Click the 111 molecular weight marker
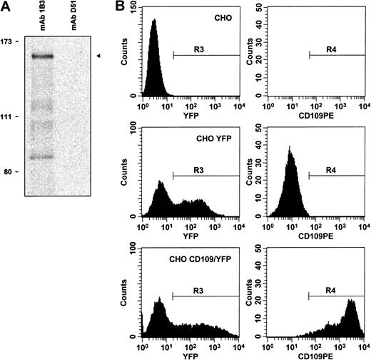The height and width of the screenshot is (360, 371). click(11, 116)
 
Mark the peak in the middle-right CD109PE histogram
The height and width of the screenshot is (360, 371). click(290, 148)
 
